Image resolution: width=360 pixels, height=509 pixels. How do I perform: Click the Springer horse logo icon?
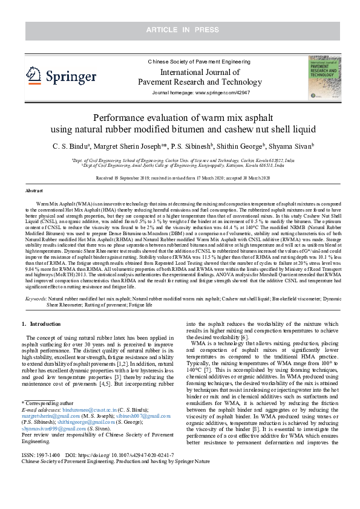(x=34, y=75)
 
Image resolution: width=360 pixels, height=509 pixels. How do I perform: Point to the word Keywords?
(x=34, y=299)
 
